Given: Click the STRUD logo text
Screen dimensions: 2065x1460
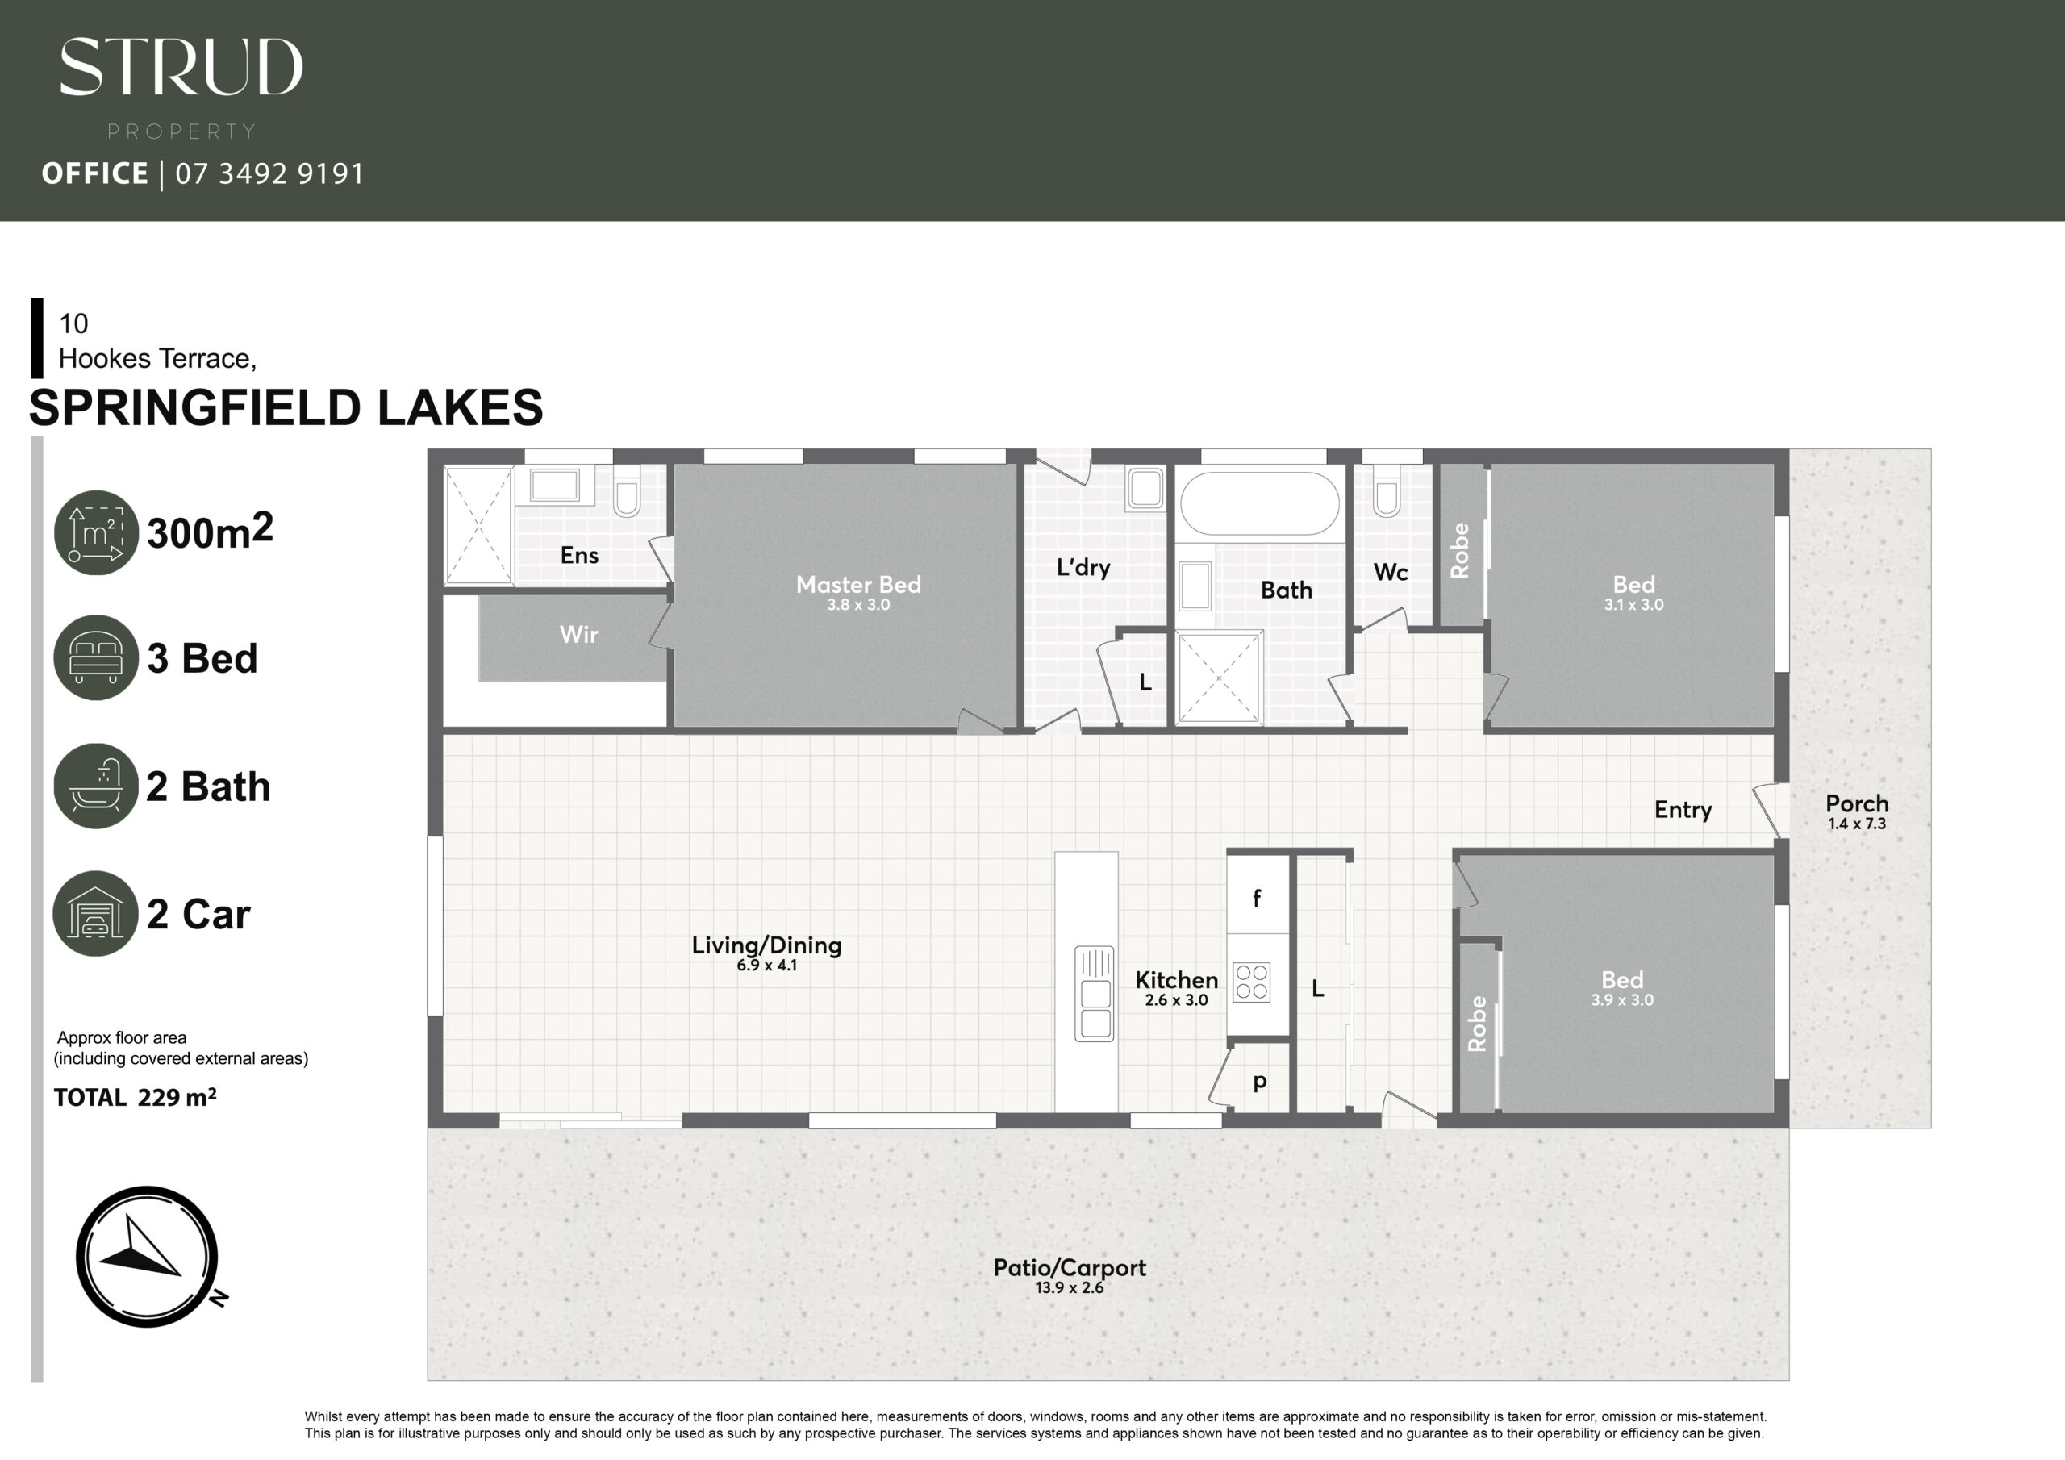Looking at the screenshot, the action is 181,67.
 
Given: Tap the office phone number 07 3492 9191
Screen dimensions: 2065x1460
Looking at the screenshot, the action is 269,173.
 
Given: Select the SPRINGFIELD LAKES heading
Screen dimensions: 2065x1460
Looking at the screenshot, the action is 286,407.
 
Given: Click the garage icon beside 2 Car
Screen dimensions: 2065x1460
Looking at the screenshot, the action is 95,913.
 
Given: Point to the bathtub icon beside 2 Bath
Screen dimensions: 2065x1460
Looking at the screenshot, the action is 95,786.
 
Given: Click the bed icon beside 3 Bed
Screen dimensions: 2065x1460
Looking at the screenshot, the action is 95,657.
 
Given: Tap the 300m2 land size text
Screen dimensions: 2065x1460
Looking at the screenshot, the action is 210,531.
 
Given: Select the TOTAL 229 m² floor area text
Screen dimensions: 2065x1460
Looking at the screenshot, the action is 135,1098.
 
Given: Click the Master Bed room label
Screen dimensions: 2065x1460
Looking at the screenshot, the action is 858,585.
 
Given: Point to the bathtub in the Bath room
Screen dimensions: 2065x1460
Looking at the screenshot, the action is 1260,504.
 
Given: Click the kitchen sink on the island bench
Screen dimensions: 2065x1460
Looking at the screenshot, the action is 1095,994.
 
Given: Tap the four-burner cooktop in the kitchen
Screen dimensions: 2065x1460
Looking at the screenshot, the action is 1251,982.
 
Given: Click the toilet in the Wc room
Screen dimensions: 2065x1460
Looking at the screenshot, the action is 1387,491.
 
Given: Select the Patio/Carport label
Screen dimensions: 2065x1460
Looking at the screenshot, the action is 1070,1268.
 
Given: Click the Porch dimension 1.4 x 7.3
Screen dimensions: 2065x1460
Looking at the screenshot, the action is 1856,824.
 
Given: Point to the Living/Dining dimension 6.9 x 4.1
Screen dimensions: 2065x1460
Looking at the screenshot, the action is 766,966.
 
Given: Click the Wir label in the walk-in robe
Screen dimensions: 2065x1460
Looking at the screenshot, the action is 578,635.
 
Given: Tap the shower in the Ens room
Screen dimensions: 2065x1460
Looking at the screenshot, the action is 479,525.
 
